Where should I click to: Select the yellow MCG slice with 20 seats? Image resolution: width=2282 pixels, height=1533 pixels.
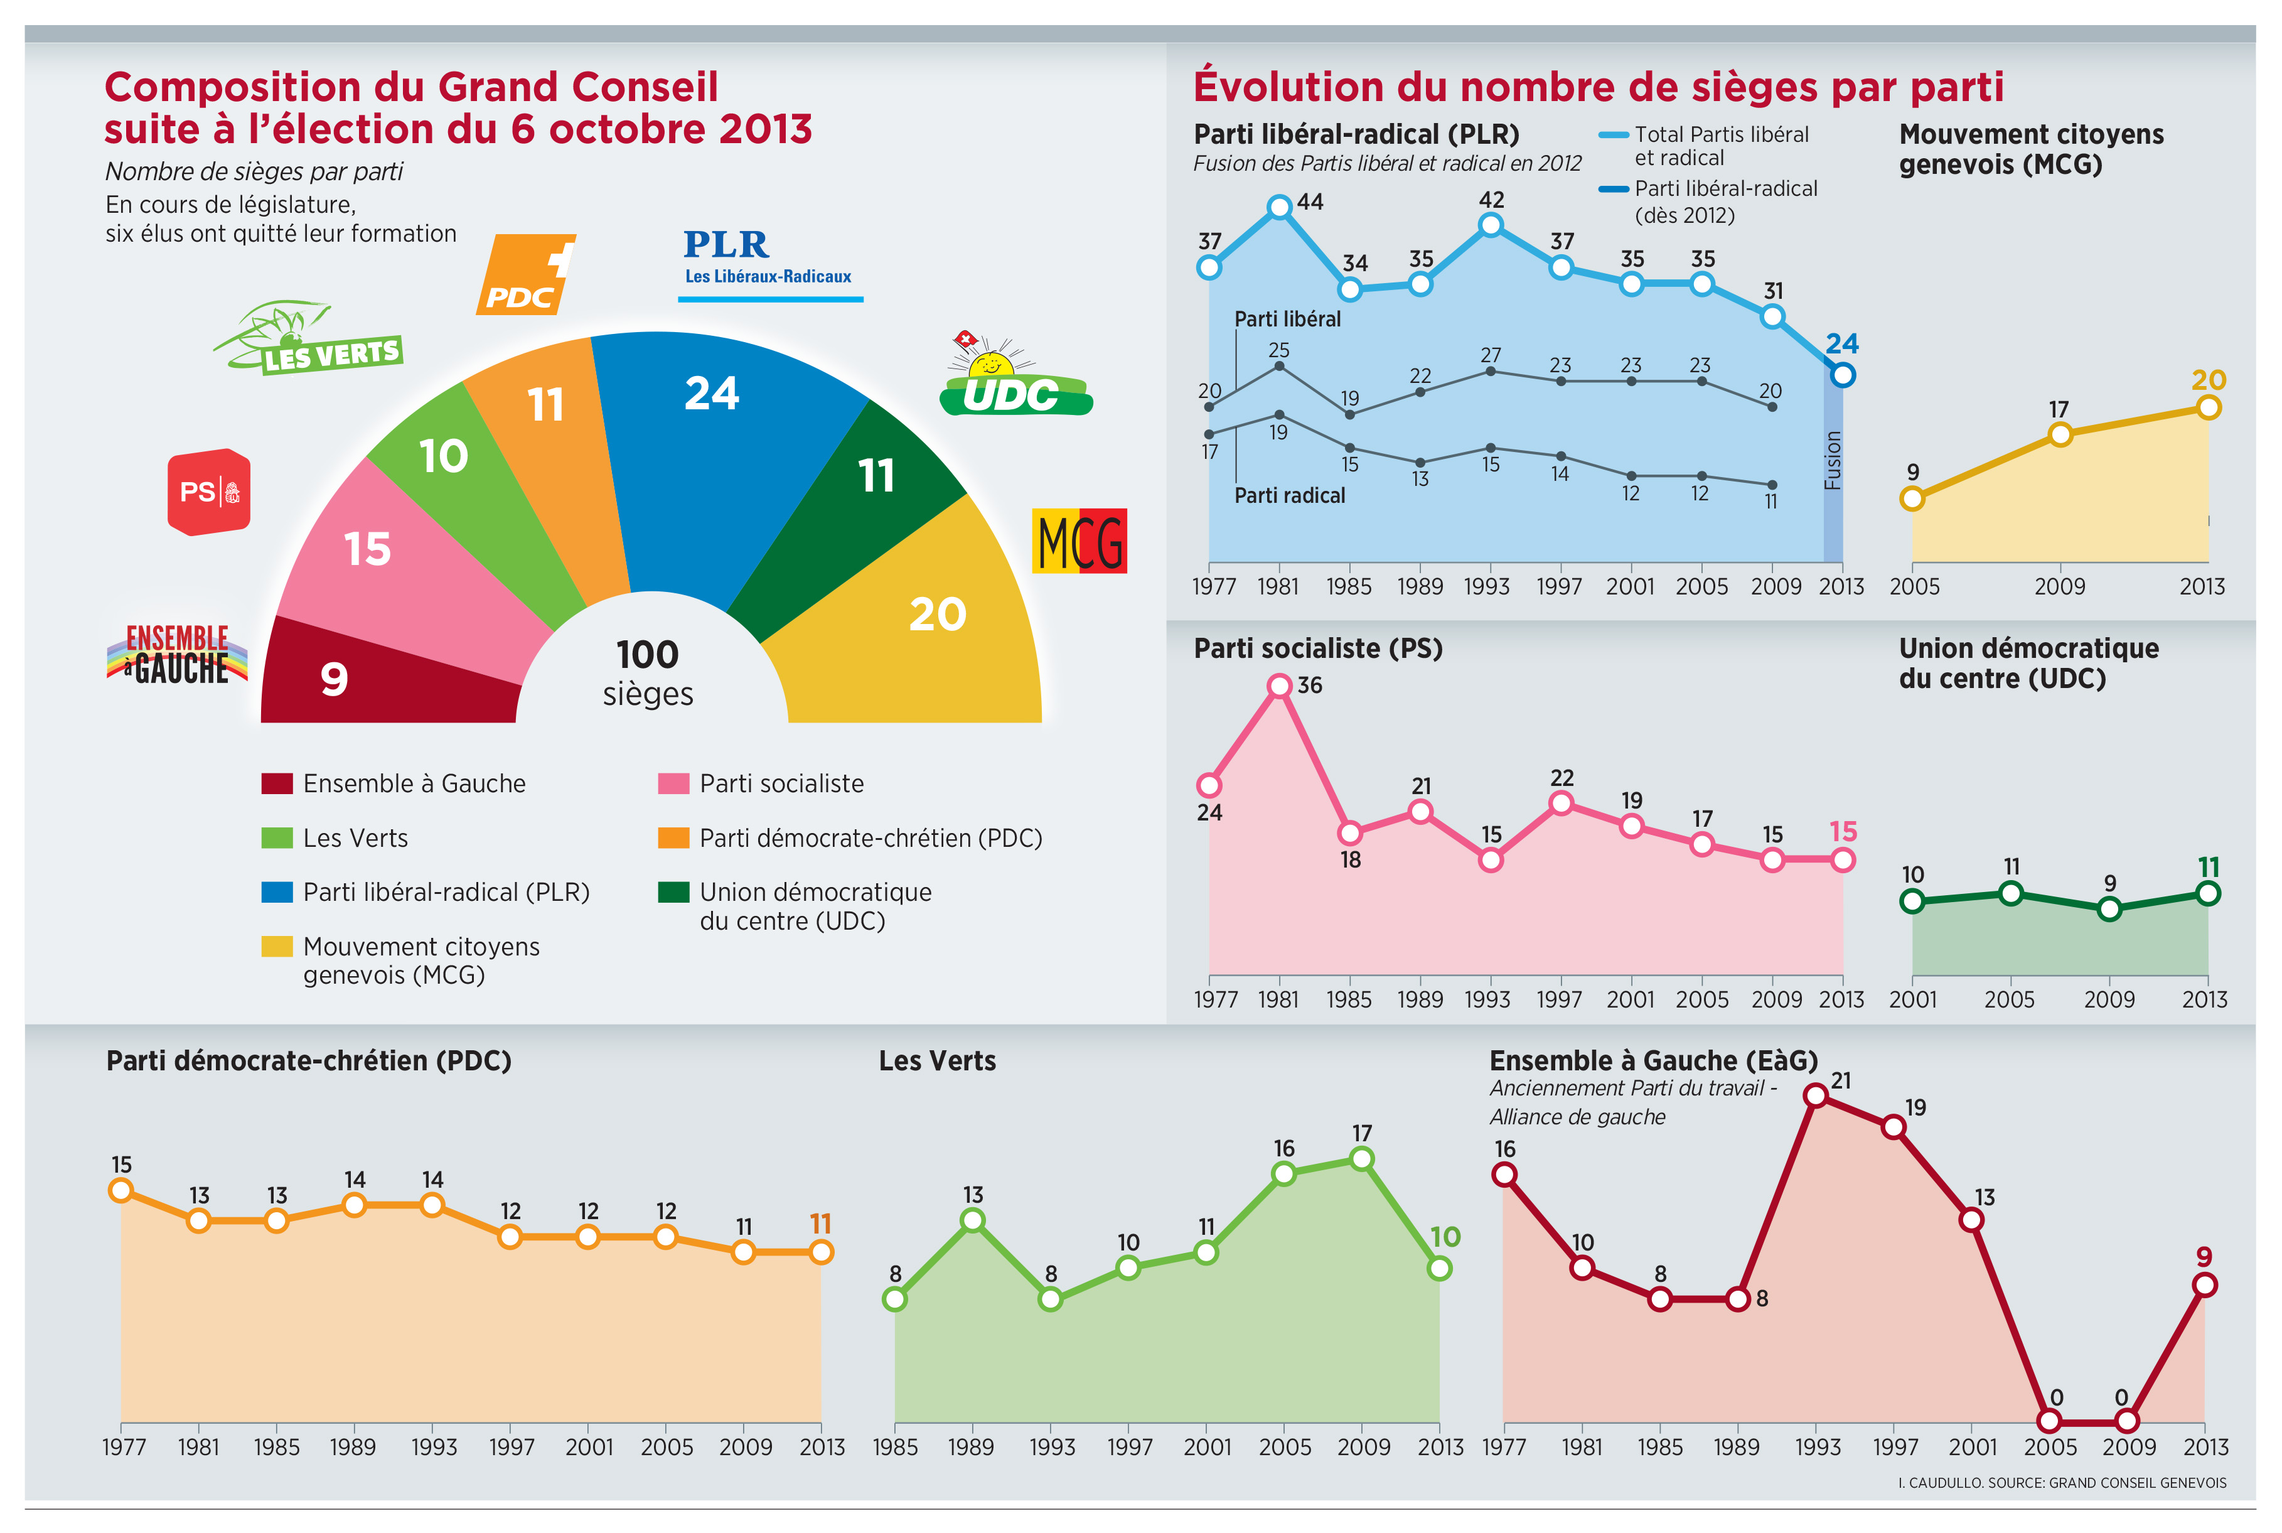(x=919, y=626)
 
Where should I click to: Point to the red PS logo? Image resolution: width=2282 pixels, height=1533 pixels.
(x=209, y=492)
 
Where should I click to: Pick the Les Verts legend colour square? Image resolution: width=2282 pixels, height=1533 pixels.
(x=277, y=838)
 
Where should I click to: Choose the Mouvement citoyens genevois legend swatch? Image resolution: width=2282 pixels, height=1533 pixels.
(x=277, y=947)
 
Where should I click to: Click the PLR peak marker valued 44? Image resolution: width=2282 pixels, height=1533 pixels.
(x=1279, y=207)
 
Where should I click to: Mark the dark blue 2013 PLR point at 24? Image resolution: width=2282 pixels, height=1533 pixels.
(x=1842, y=374)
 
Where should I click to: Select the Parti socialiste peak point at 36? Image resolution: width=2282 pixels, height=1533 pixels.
(x=1279, y=686)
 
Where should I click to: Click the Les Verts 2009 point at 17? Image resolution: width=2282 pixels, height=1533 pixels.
(x=1361, y=1159)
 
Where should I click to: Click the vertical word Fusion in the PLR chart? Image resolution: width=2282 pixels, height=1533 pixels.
(x=1833, y=460)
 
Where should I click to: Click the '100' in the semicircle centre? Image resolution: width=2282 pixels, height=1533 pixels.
(x=648, y=655)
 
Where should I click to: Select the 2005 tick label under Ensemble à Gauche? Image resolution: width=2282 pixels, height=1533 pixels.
(x=2050, y=1447)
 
